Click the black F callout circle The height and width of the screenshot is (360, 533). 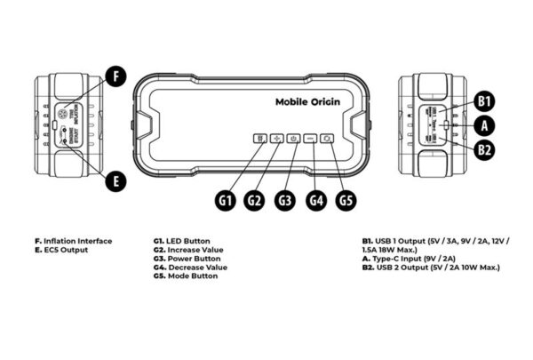(x=114, y=76)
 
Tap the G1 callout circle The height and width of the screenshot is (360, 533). (x=226, y=200)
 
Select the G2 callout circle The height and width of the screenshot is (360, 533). (x=255, y=200)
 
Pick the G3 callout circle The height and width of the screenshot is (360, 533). (x=284, y=200)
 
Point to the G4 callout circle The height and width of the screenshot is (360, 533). (x=315, y=200)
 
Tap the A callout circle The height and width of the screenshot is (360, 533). (x=483, y=125)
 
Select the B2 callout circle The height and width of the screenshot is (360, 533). (x=483, y=150)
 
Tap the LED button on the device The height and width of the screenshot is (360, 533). (x=259, y=140)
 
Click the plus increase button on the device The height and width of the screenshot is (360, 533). (x=276, y=140)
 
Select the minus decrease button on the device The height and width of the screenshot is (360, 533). (x=310, y=140)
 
